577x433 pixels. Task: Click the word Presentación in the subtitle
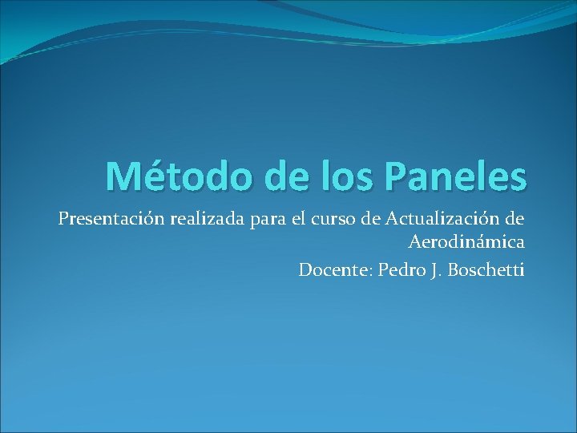coord(110,218)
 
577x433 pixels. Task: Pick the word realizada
coord(206,218)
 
